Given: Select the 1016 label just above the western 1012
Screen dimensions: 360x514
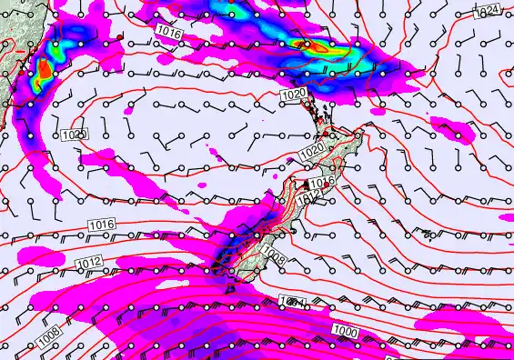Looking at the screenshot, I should [x=101, y=224].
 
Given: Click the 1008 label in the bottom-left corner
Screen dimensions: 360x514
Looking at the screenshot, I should [x=50, y=337].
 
